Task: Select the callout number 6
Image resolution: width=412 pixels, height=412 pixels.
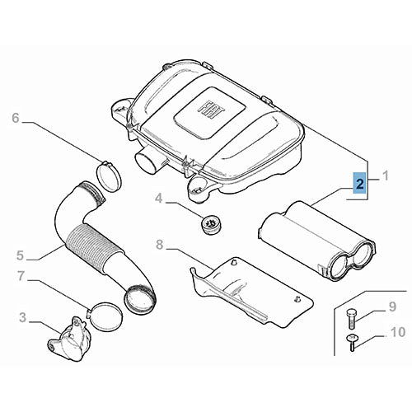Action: pyautogui.click(x=15, y=119)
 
